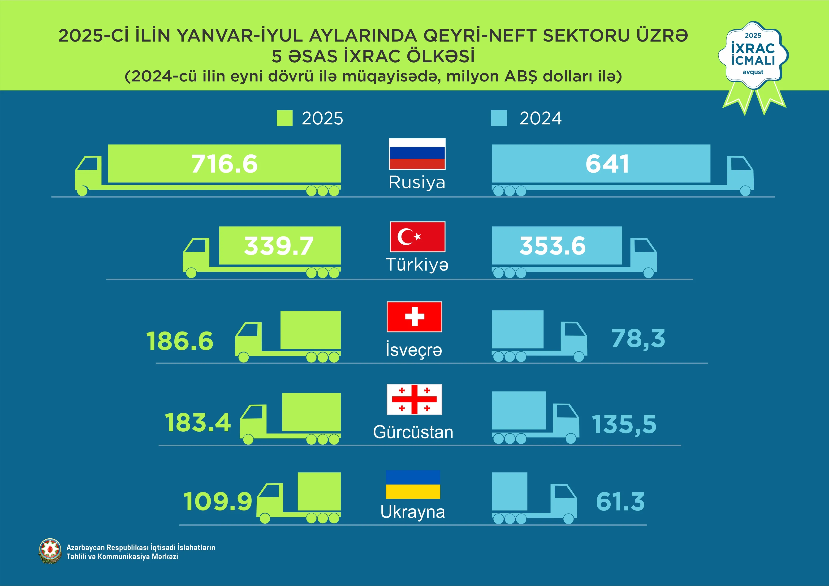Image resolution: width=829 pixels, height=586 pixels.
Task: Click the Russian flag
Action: tap(417, 154)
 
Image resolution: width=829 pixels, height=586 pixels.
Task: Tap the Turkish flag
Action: tap(417, 237)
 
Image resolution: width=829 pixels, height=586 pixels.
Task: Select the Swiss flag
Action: tap(414, 317)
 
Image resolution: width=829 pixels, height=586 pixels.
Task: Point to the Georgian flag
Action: tap(414, 399)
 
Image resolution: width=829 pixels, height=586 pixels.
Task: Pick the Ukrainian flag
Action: tap(413, 485)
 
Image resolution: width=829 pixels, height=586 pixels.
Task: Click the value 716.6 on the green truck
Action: tap(224, 164)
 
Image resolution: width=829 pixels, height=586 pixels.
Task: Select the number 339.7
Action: tap(279, 246)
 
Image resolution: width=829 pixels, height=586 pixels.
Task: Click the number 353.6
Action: tap(553, 246)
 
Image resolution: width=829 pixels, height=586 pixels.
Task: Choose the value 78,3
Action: tap(638, 339)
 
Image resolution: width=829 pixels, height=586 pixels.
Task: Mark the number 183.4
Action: tap(198, 423)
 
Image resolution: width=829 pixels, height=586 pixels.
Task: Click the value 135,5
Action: tap(624, 424)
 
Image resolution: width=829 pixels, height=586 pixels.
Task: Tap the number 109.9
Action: tap(217, 501)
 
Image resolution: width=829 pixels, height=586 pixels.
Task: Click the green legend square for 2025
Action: tap(285, 118)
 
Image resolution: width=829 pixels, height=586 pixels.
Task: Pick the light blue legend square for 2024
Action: tap(499, 118)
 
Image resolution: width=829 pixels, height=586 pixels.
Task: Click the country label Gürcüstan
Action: tap(413, 432)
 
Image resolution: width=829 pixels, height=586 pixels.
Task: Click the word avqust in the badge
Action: tap(753, 72)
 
